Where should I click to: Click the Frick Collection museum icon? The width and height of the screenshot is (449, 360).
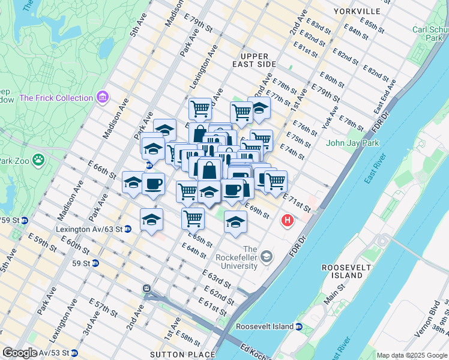pyautogui.click(x=103, y=97)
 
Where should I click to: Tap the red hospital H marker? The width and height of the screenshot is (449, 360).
pyautogui.click(x=288, y=221)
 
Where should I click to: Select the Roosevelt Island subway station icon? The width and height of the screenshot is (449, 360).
pyautogui.click(x=298, y=326)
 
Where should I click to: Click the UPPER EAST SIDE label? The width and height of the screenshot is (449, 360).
pyautogui.click(x=255, y=64)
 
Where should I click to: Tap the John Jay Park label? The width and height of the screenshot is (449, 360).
pyautogui.click(x=351, y=143)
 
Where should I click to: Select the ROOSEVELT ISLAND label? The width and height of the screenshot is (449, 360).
pyautogui.click(x=342, y=271)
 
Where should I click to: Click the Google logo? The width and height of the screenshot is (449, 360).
pyautogui.click(x=19, y=353)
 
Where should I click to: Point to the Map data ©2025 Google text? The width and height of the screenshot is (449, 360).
pyautogui.click(x=412, y=355)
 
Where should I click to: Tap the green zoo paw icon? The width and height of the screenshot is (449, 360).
pyautogui.click(x=38, y=160)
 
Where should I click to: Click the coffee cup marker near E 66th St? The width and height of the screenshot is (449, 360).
pyautogui.click(x=153, y=183)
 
